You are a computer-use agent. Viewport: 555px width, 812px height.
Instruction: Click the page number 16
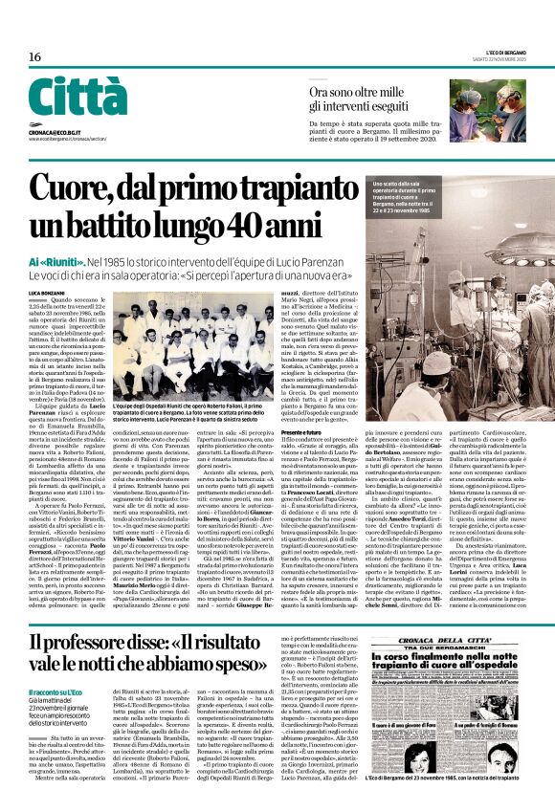(34, 57)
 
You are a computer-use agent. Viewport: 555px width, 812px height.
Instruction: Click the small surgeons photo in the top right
(501, 111)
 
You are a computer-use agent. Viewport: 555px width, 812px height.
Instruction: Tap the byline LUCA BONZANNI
(47, 291)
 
